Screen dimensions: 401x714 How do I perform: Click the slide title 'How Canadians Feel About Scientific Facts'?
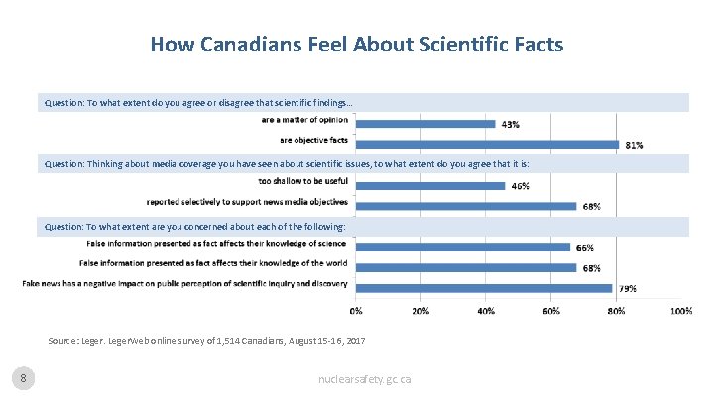(356, 45)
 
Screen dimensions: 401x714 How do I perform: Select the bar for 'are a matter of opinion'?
(424, 123)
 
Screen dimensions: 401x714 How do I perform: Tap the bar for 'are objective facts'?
(486, 144)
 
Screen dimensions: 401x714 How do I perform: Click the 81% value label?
(633, 145)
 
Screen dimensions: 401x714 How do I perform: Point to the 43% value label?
(510, 125)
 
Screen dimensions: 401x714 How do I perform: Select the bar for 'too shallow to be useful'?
(429, 185)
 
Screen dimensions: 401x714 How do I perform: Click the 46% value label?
(519, 186)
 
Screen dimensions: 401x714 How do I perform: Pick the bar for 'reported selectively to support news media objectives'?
(465, 205)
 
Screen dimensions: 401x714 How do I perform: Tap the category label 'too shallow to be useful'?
(302, 181)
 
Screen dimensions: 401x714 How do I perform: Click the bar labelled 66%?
(462, 247)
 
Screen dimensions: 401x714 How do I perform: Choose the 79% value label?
(627, 289)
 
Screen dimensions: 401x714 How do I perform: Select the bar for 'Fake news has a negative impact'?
(483, 288)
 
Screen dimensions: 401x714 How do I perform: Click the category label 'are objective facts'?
(313, 139)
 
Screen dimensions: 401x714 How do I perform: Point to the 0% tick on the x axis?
(356, 311)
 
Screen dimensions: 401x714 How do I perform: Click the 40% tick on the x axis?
(486, 311)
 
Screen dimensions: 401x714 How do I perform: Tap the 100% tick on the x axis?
(680, 311)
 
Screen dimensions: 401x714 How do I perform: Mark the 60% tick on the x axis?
(550, 311)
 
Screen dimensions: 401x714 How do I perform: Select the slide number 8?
(23, 378)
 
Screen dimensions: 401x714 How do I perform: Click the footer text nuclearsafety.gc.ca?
(364, 379)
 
